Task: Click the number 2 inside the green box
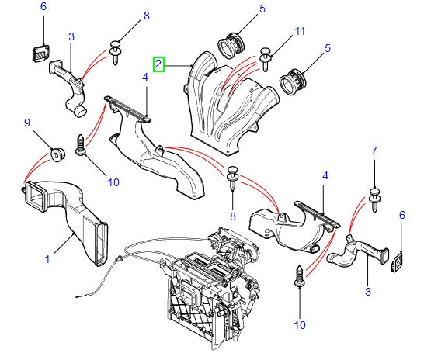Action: [x=158, y=64]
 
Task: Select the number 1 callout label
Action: [x=47, y=259]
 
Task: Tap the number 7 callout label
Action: [x=374, y=151]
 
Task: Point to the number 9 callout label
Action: [x=27, y=123]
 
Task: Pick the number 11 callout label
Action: [x=300, y=31]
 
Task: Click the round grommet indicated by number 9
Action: [x=57, y=154]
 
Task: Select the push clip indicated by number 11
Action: [x=266, y=59]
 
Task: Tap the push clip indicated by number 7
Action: [x=375, y=200]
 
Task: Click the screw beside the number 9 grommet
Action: [x=81, y=145]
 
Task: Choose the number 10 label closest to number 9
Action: [x=113, y=182]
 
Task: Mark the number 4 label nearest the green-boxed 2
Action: [x=145, y=78]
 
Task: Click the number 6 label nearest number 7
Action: [x=402, y=215]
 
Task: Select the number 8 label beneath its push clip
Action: [x=233, y=216]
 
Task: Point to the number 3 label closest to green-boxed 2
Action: [x=71, y=36]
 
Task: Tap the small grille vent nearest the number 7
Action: [x=397, y=261]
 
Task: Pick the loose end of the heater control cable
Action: [x=77, y=297]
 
